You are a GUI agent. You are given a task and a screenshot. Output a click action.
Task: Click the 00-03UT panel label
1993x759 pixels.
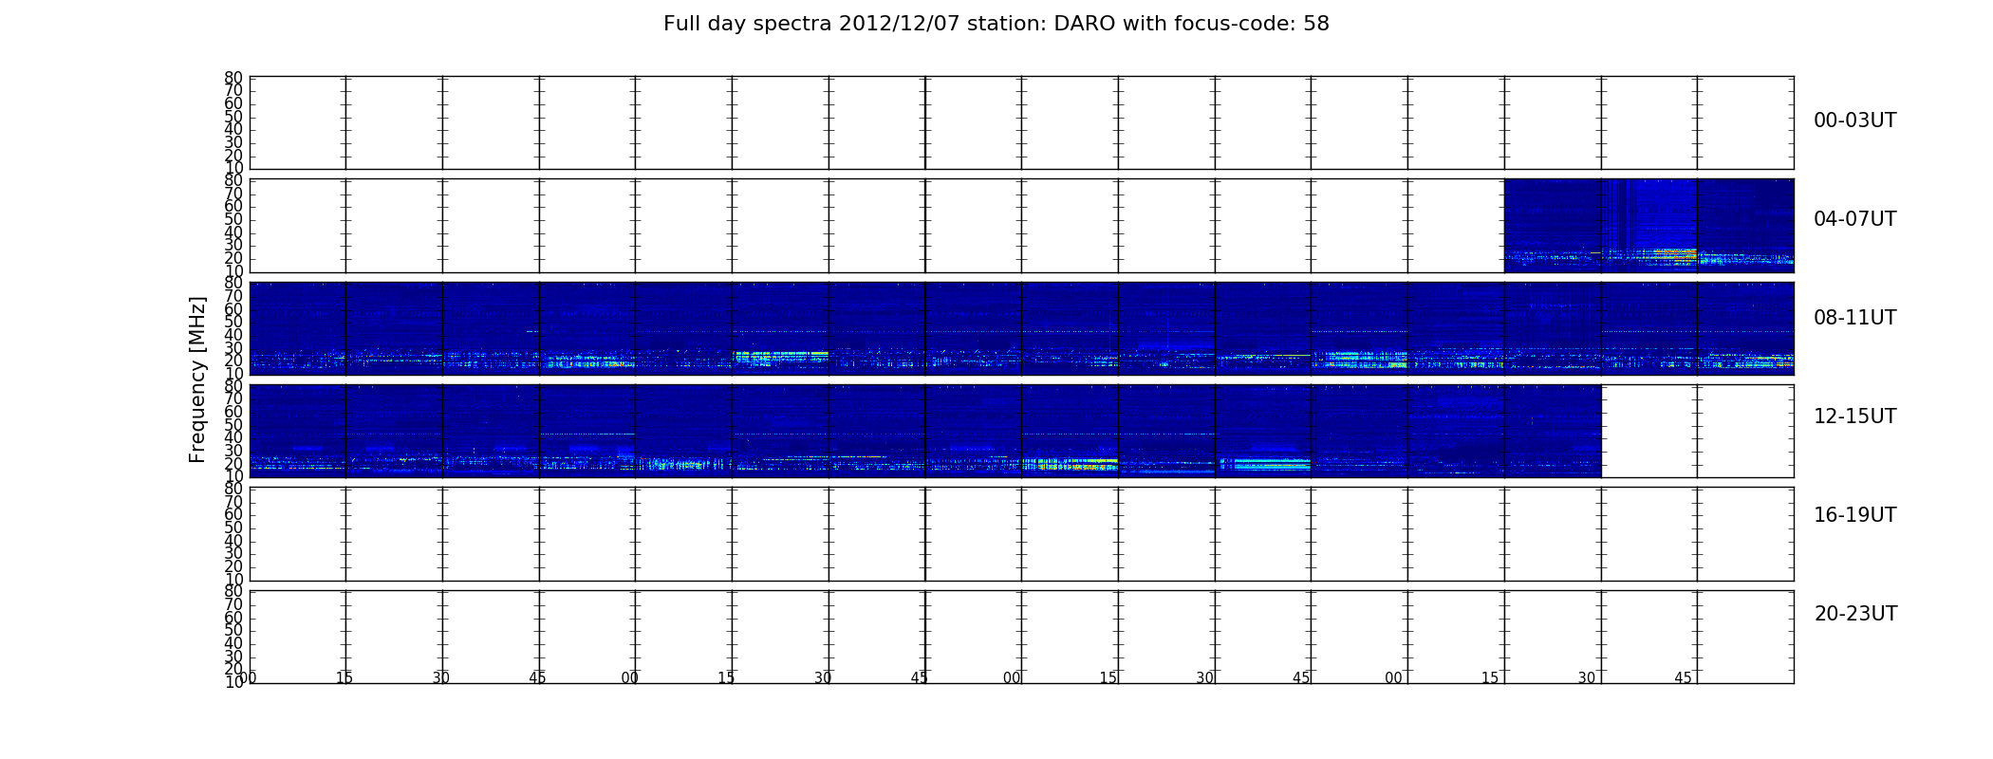(1854, 120)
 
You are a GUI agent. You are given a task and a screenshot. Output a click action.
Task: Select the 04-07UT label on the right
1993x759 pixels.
(1854, 219)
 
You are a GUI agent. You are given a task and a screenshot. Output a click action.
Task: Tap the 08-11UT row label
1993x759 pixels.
(1854, 318)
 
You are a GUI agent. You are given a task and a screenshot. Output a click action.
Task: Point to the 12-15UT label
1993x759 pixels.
(1854, 417)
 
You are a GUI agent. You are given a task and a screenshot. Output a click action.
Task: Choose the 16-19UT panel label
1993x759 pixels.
(1854, 515)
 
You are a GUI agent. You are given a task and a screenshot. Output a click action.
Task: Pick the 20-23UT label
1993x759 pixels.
(1855, 614)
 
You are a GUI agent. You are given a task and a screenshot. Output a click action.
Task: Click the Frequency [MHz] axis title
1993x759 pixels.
(197, 379)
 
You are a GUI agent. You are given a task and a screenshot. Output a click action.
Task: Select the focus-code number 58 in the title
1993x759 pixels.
(1317, 24)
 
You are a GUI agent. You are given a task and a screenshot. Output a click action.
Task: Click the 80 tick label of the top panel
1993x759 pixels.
(233, 78)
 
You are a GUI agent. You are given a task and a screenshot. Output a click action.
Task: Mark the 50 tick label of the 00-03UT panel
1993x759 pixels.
(233, 117)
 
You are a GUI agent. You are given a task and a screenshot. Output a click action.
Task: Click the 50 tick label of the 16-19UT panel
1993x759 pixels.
(233, 528)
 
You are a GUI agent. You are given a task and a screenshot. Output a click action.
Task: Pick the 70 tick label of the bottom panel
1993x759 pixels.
(233, 604)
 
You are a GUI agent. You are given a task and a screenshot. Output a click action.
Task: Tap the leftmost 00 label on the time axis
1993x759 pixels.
(248, 677)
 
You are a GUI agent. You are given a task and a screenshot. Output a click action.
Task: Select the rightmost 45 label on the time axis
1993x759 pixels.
(1683, 677)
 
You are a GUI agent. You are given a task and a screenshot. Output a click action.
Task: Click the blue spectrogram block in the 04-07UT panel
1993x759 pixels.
(1648, 226)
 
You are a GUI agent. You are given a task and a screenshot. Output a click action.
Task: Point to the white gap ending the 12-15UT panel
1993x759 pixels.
(1698, 431)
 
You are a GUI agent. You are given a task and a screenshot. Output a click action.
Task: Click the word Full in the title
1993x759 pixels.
(680, 24)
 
